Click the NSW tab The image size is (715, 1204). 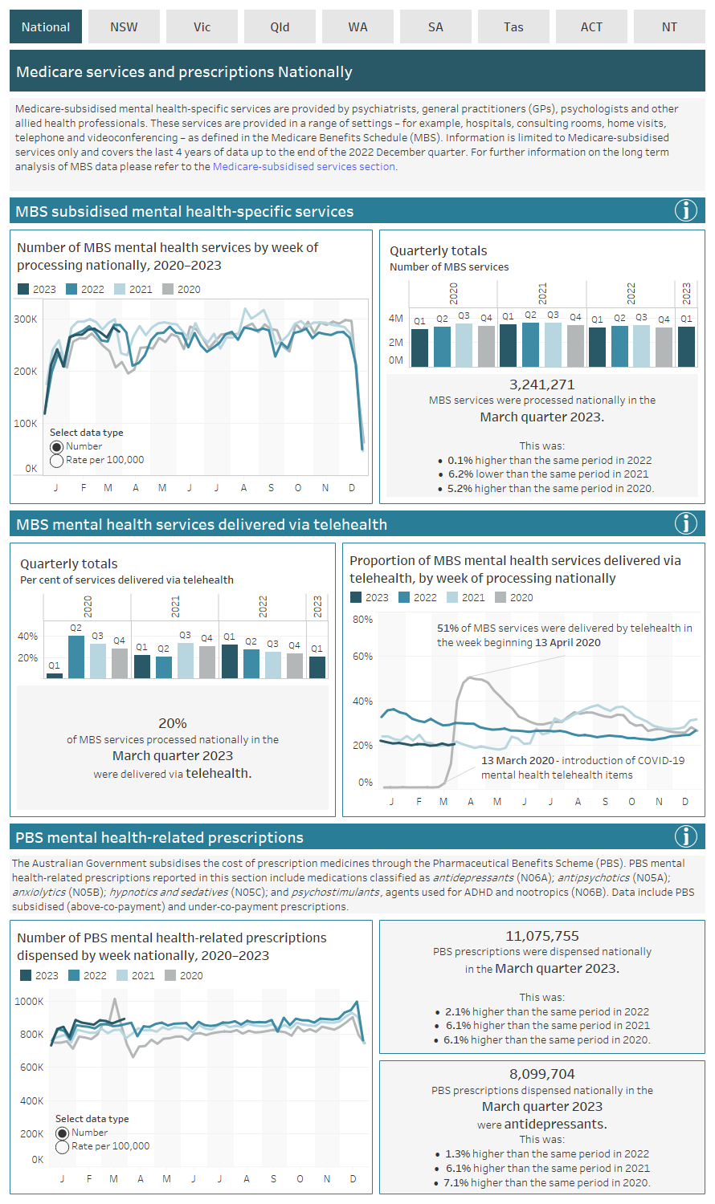[124, 27]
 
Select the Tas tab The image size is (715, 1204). [513, 27]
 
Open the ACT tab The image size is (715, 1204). [591, 27]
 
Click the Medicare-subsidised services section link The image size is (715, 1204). [304, 167]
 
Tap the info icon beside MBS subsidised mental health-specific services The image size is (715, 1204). [685, 211]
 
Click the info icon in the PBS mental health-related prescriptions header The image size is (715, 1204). [685, 837]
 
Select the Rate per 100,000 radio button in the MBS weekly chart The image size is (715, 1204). [57, 461]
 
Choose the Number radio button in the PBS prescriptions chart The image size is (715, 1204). [63, 1133]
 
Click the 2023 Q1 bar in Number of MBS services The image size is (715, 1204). [686, 346]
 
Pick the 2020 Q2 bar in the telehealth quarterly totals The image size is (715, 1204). [76, 657]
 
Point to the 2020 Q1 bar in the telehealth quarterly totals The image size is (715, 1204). [54, 675]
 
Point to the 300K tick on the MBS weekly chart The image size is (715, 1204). [26, 319]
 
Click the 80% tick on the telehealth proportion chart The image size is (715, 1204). [362, 620]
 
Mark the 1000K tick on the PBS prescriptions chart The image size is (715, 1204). [30, 1001]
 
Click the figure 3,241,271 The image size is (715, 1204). [542, 384]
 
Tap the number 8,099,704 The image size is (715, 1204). [542, 1074]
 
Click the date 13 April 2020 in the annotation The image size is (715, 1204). [567, 642]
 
